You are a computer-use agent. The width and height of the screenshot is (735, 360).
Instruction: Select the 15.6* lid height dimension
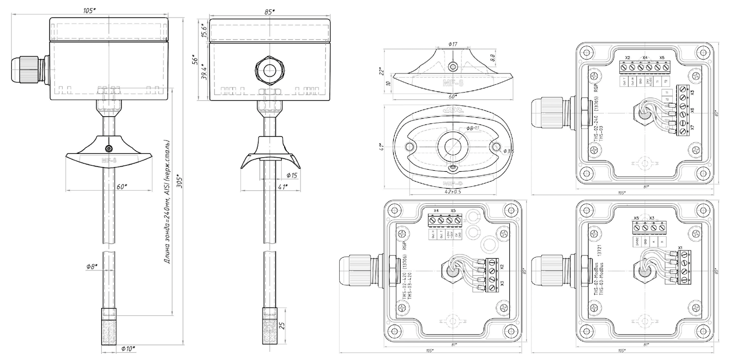pyautogui.click(x=204, y=30)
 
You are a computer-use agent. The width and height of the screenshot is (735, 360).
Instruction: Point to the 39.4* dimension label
pyautogui.click(x=204, y=73)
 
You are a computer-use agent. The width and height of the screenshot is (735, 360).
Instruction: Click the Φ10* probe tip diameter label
pyautogui.click(x=128, y=349)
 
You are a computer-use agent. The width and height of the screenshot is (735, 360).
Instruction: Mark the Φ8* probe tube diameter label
pyautogui.click(x=93, y=266)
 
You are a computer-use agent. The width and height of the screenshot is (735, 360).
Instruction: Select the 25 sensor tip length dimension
pyautogui.click(x=281, y=325)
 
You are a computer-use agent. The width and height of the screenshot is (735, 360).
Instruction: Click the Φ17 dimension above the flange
pyautogui.click(x=452, y=45)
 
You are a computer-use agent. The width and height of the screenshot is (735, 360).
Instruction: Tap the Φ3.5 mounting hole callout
pyautogui.click(x=508, y=151)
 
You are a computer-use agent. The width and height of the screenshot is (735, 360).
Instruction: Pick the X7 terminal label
pyautogui.click(x=692, y=127)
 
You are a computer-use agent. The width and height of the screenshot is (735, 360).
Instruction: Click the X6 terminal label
pyautogui.click(x=692, y=110)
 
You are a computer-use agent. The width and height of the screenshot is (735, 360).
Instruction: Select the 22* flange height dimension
pyautogui.click(x=380, y=70)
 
